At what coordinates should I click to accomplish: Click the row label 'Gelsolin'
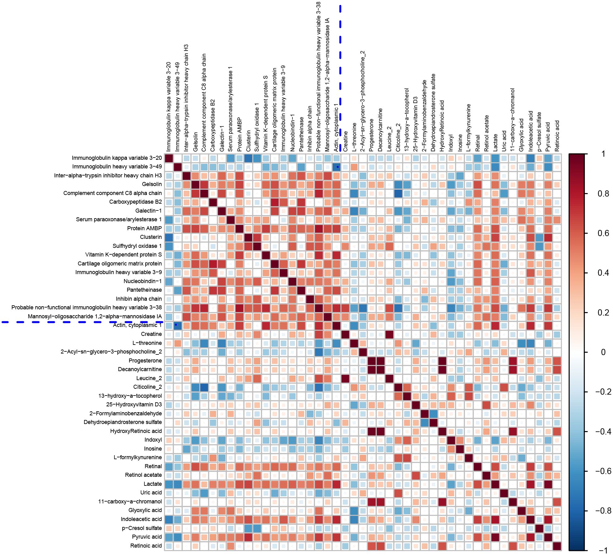152,184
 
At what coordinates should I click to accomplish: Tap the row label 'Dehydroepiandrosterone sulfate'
123,422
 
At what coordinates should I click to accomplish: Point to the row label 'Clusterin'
151,237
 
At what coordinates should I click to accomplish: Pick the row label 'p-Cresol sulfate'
142,528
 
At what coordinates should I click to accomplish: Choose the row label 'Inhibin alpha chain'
139,299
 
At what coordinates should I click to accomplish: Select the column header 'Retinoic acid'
557,136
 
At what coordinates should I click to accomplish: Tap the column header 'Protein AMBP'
239,134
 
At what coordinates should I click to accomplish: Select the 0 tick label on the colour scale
603,352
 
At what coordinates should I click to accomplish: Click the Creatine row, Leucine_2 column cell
389,334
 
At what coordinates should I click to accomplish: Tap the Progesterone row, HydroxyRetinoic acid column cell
442,361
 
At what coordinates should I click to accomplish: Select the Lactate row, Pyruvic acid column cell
548,484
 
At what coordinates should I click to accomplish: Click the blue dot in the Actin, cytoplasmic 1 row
176,325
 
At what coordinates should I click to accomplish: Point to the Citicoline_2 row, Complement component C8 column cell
204,387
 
